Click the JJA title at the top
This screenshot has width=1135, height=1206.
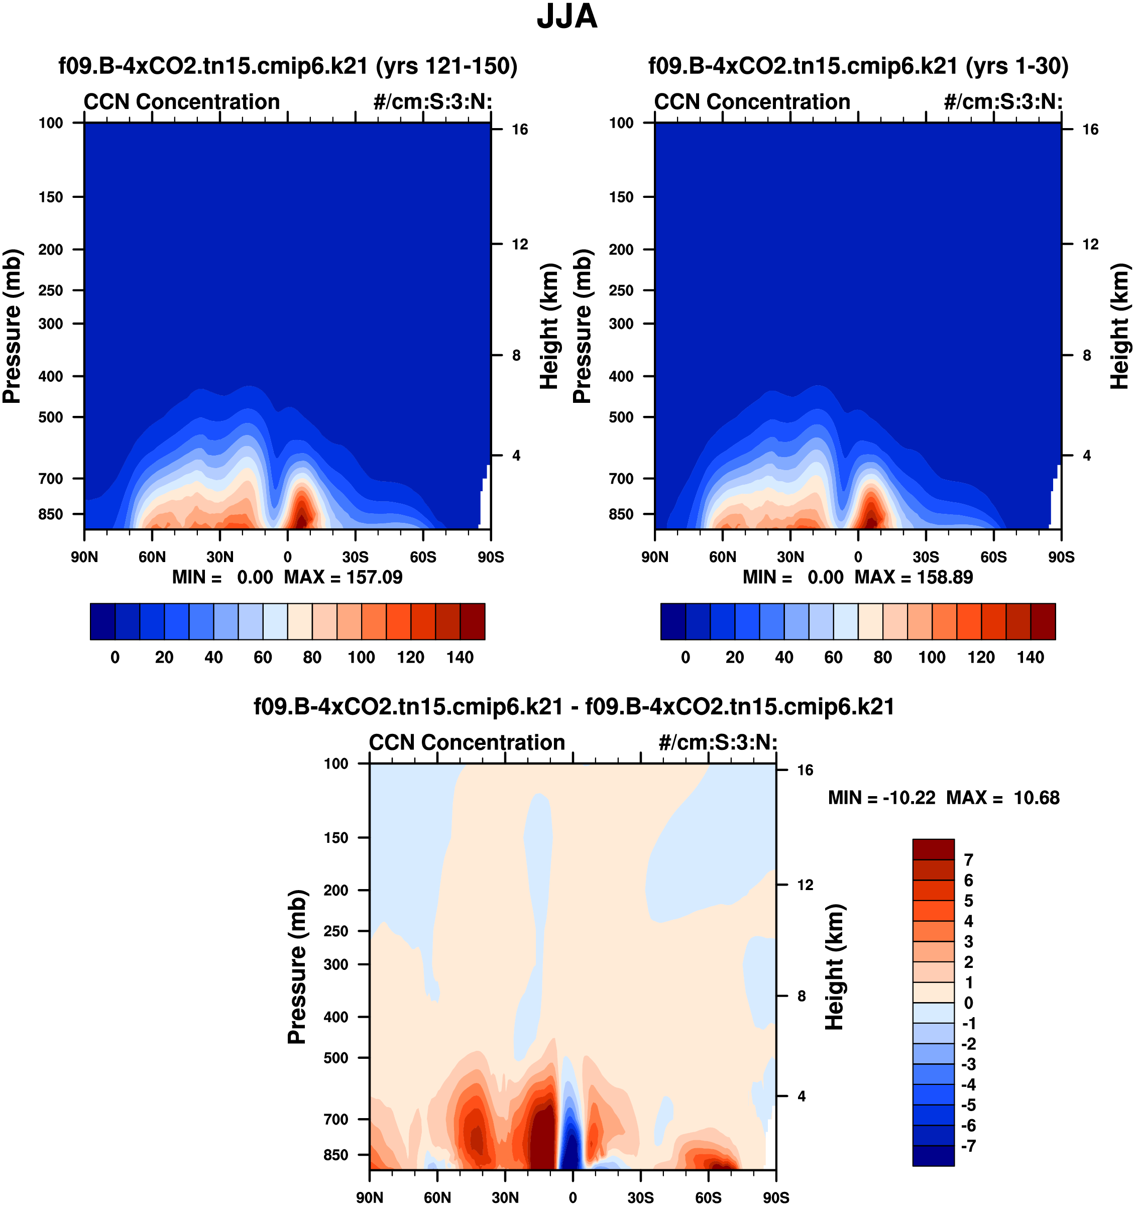[x=566, y=17]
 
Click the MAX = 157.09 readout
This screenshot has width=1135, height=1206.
[x=343, y=577]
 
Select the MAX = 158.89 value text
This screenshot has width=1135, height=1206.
[x=914, y=577]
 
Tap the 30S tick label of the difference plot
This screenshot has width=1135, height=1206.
[x=641, y=1197]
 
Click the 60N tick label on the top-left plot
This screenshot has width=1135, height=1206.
[x=152, y=557]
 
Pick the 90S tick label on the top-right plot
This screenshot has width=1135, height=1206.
[x=1061, y=557]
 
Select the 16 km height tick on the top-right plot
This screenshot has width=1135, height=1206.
[x=1090, y=129]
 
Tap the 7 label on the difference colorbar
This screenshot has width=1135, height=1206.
[x=968, y=859]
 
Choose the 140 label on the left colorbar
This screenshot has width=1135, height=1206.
[x=460, y=657]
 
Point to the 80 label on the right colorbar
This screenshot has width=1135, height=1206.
[x=883, y=657]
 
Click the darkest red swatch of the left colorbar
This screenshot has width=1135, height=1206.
[x=473, y=621]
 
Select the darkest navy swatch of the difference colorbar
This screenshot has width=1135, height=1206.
[x=933, y=1156]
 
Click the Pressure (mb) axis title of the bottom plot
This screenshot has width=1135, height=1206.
[x=297, y=967]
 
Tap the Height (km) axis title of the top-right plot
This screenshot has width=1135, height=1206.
[x=1120, y=326]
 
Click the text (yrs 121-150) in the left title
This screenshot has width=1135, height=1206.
[x=446, y=65]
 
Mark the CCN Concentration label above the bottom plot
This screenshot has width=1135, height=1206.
[x=467, y=742]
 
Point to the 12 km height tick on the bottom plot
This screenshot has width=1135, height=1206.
[x=805, y=885]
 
